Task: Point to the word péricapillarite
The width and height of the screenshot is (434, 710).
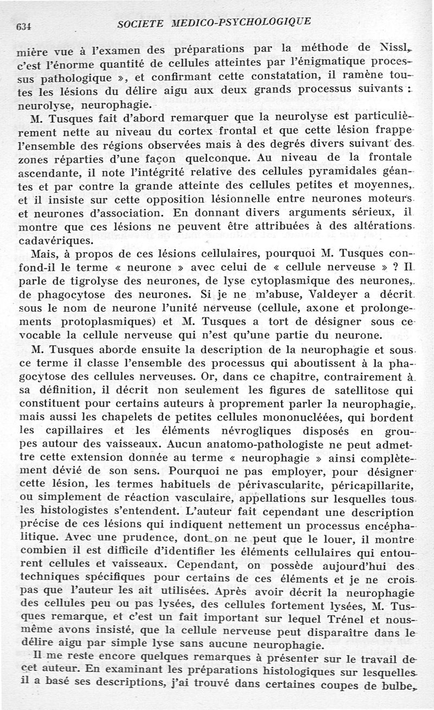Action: tap(371, 482)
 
